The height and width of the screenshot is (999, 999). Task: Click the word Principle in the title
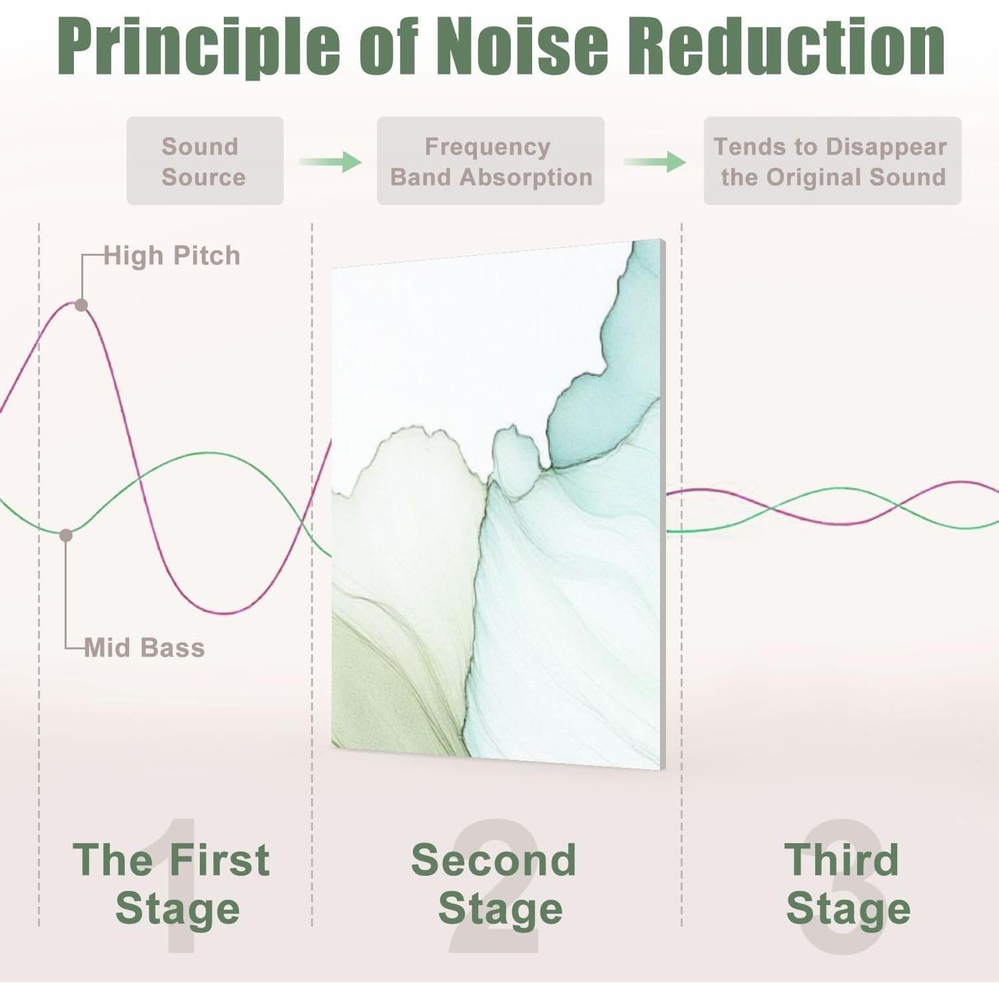click(x=199, y=46)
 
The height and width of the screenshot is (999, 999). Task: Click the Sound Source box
click(x=205, y=161)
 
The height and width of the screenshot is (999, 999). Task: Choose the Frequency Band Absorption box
click(x=491, y=161)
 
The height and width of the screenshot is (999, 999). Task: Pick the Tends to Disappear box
click(x=832, y=161)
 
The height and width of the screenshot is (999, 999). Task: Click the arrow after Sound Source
click(x=330, y=161)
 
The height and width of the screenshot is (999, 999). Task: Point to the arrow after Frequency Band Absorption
click(x=655, y=161)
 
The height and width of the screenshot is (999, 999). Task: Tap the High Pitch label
click(x=172, y=256)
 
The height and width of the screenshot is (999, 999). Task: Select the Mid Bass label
click(x=145, y=647)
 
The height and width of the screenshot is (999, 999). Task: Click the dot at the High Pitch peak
click(x=81, y=305)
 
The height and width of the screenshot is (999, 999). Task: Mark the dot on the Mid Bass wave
click(x=66, y=535)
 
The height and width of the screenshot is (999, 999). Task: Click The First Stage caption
click(x=172, y=884)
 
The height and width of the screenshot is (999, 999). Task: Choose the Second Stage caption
click(x=494, y=884)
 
